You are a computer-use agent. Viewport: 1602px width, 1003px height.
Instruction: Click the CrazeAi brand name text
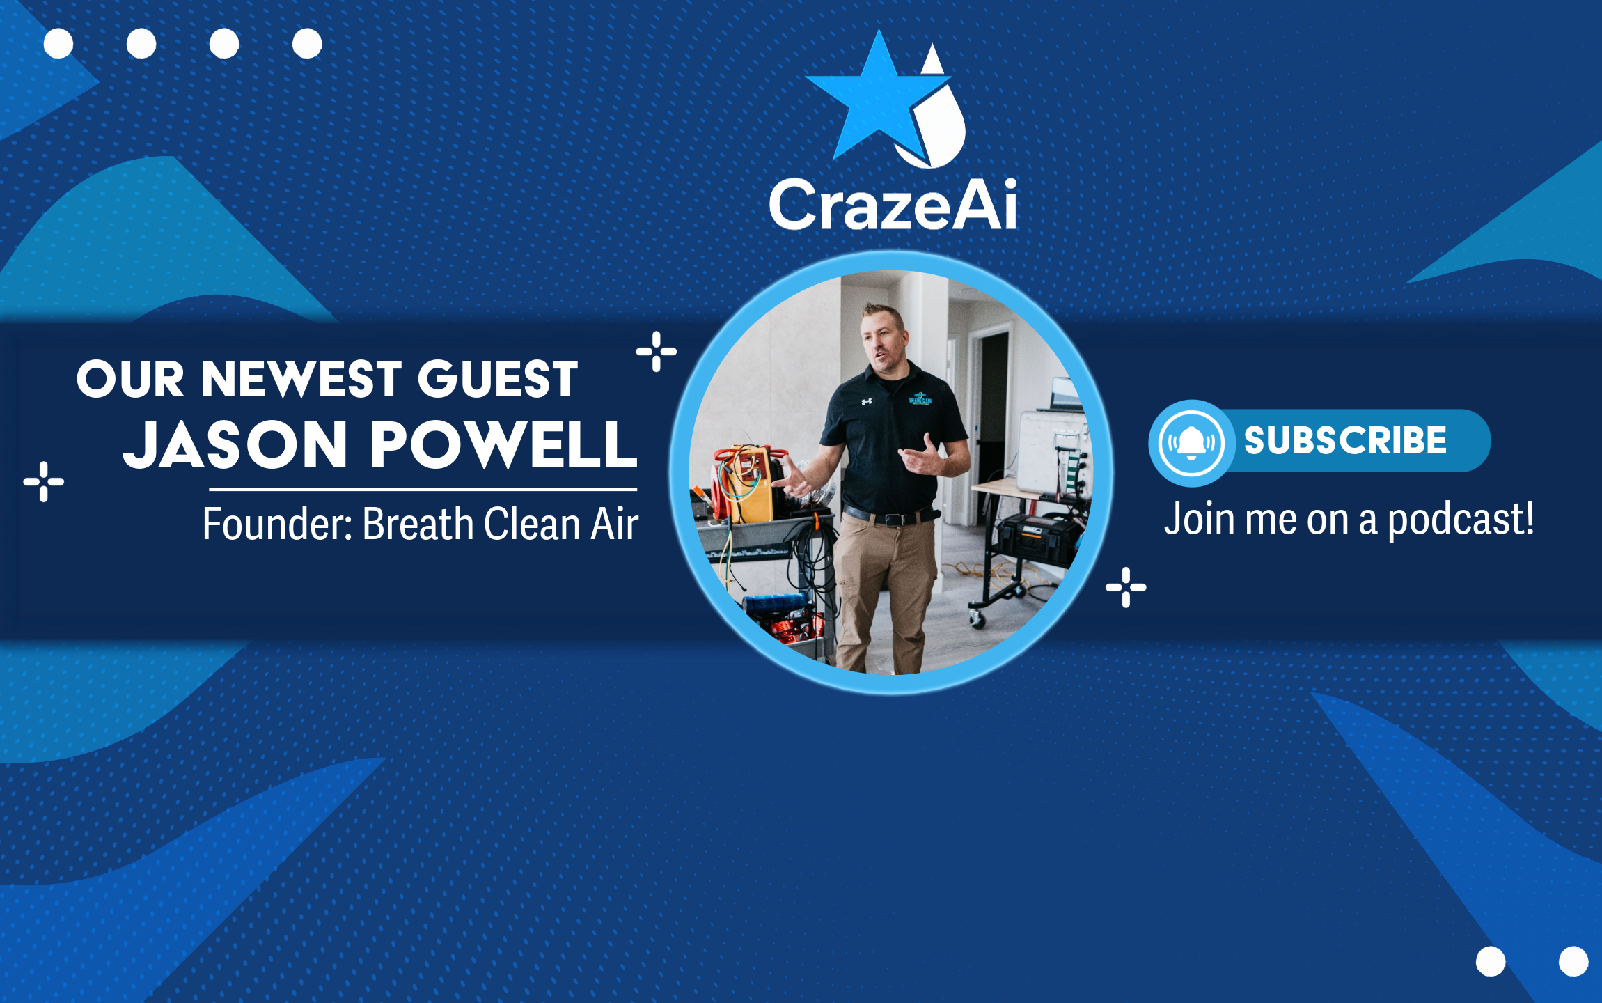click(893, 203)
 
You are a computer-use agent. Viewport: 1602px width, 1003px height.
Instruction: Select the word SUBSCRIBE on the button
click(1345, 440)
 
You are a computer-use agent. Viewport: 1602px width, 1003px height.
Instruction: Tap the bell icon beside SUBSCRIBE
click(1191, 442)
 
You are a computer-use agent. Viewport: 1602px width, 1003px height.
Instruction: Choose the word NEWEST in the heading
click(301, 379)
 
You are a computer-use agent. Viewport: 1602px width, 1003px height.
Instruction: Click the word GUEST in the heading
click(498, 379)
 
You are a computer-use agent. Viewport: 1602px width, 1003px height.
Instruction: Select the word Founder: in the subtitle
click(278, 524)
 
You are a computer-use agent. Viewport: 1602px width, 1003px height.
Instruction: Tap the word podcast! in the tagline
click(1461, 521)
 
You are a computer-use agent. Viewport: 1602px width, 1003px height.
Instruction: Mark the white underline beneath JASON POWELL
click(423, 489)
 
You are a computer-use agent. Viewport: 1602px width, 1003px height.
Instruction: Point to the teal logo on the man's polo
click(920, 398)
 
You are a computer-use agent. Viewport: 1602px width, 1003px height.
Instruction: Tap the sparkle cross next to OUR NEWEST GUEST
click(657, 352)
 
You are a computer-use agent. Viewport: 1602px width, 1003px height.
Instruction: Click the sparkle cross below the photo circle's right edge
click(1126, 587)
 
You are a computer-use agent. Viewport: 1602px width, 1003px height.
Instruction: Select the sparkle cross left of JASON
click(44, 481)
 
